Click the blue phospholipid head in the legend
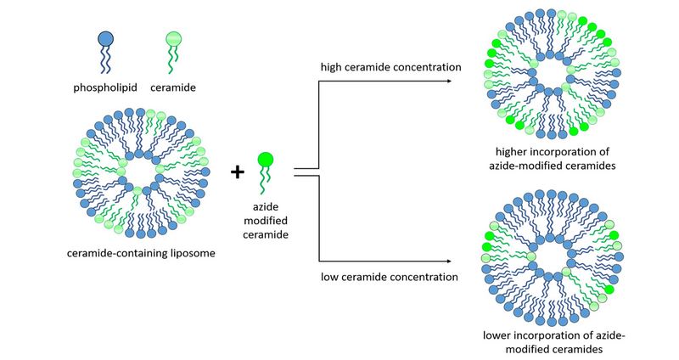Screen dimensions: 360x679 [105, 39]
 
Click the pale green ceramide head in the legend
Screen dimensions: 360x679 [173, 39]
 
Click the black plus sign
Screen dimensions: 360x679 [238, 172]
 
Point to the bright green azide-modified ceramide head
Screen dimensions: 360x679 [266, 159]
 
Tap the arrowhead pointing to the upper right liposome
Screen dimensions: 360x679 [446, 82]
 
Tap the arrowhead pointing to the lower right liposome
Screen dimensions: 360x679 [446, 262]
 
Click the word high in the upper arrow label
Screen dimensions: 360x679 [334, 66]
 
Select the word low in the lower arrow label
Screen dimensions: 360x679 [331, 277]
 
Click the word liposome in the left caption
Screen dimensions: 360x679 [185, 253]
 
